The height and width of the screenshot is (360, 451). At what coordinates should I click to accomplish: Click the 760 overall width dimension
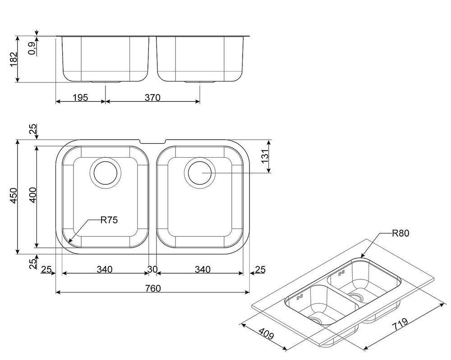(153, 288)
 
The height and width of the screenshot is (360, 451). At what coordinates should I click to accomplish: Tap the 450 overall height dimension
(14, 196)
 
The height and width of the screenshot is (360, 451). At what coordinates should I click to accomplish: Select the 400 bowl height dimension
(33, 195)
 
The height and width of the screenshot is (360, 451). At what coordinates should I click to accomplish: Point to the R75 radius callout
(109, 220)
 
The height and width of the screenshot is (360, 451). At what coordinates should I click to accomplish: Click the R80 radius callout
(400, 233)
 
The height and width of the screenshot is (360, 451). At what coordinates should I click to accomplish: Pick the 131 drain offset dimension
(265, 156)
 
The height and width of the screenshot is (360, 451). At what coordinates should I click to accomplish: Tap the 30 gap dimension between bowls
(152, 269)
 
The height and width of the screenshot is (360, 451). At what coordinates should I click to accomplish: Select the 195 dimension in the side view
(80, 97)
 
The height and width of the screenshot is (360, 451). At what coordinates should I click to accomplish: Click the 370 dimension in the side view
(152, 97)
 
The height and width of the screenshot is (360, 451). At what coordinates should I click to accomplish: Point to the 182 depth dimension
(14, 59)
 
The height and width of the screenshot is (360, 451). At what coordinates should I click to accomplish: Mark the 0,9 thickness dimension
(32, 48)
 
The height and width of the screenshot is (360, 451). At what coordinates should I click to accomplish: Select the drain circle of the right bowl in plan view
(200, 173)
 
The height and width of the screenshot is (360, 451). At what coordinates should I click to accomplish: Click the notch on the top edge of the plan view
(152, 141)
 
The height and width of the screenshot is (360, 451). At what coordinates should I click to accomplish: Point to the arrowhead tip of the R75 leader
(69, 241)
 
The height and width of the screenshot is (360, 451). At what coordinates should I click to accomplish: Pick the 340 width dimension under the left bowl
(105, 269)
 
